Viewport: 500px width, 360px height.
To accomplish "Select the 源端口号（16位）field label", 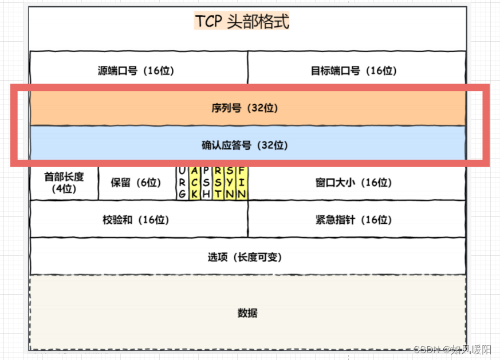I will [136, 71].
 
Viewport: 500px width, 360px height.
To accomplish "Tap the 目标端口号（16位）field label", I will [353, 71].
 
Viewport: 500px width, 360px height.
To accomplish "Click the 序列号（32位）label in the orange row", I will [248, 108].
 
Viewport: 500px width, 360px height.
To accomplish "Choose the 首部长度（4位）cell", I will [64, 183].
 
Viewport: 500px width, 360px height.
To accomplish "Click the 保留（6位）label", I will [136, 183].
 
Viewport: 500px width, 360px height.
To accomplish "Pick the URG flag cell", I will [182, 183].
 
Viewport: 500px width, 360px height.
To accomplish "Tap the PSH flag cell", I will [206, 183].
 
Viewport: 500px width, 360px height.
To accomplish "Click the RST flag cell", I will [218, 183].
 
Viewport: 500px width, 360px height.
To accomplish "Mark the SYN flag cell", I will [230, 183].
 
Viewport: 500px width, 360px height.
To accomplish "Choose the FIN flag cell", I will [242, 183].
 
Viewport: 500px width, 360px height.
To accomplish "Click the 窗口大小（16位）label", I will [353, 183].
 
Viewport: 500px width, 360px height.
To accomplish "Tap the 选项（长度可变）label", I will [245, 257].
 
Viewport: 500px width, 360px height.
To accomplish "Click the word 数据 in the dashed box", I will [247, 313].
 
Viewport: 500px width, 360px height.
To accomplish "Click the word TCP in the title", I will [208, 22].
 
